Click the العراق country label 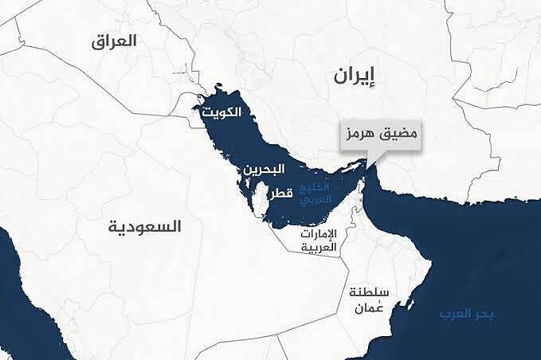coord(114,41)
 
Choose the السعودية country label coord(145,227)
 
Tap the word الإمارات coord(320,234)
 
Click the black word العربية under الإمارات coord(320,248)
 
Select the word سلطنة coord(367,292)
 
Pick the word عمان coord(367,307)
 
